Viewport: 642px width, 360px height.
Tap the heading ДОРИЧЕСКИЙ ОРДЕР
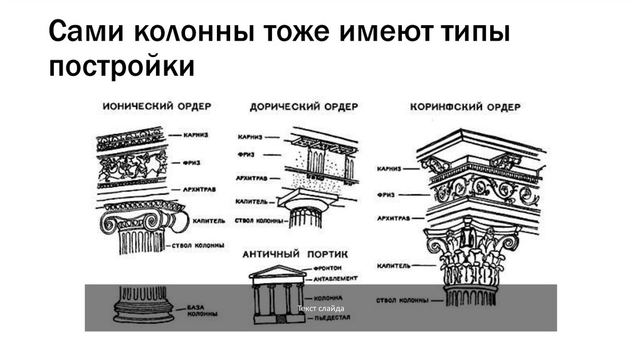tap(303, 107)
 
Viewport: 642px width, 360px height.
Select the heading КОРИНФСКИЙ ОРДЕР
tap(465, 107)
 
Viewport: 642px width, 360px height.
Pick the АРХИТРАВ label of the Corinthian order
tap(394, 218)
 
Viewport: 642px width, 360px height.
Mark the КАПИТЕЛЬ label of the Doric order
tap(251, 201)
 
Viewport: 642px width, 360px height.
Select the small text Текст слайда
tap(321, 308)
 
